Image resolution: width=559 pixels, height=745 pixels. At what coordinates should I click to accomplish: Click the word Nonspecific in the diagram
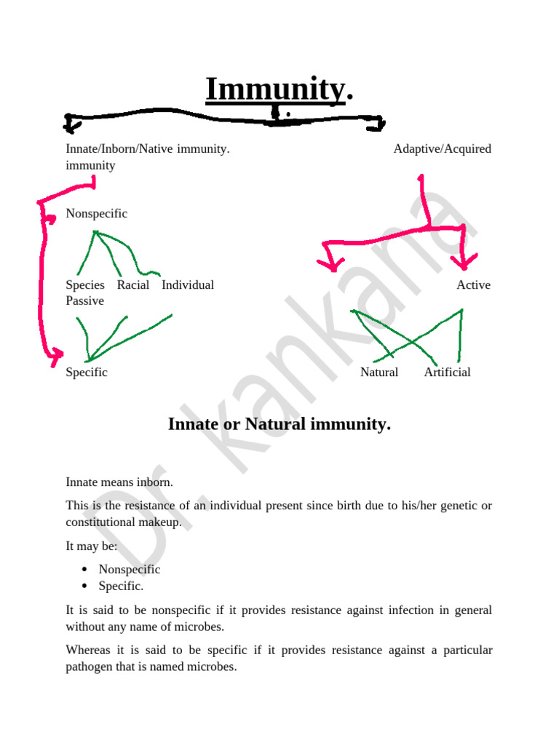point(96,213)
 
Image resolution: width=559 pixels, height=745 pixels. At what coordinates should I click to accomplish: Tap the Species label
point(85,284)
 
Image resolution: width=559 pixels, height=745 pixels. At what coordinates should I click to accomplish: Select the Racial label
point(133,284)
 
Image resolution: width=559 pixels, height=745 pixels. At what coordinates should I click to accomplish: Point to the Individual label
point(188,284)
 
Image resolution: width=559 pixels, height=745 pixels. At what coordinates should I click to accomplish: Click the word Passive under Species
point(84,300)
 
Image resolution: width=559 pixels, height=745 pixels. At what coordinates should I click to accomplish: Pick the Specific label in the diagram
point(87,372)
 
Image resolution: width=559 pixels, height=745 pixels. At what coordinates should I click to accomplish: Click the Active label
point(473,284)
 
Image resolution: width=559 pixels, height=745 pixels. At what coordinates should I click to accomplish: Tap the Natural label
point(379,372)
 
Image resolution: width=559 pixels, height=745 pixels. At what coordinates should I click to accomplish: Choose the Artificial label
point(447,372)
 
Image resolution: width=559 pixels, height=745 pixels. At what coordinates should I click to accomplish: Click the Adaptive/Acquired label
point(442,148)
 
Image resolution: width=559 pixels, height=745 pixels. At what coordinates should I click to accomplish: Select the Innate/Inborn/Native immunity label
point(148,148)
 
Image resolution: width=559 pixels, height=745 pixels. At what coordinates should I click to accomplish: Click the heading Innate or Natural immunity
point(279,424)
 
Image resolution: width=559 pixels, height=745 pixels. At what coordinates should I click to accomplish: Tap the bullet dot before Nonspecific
point(85,570)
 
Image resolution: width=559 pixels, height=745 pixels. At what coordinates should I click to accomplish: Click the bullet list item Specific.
point(121,586)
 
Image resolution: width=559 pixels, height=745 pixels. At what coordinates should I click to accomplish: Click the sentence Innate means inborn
point(119,482)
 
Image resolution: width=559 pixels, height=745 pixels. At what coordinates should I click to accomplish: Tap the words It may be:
point(86,546)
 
